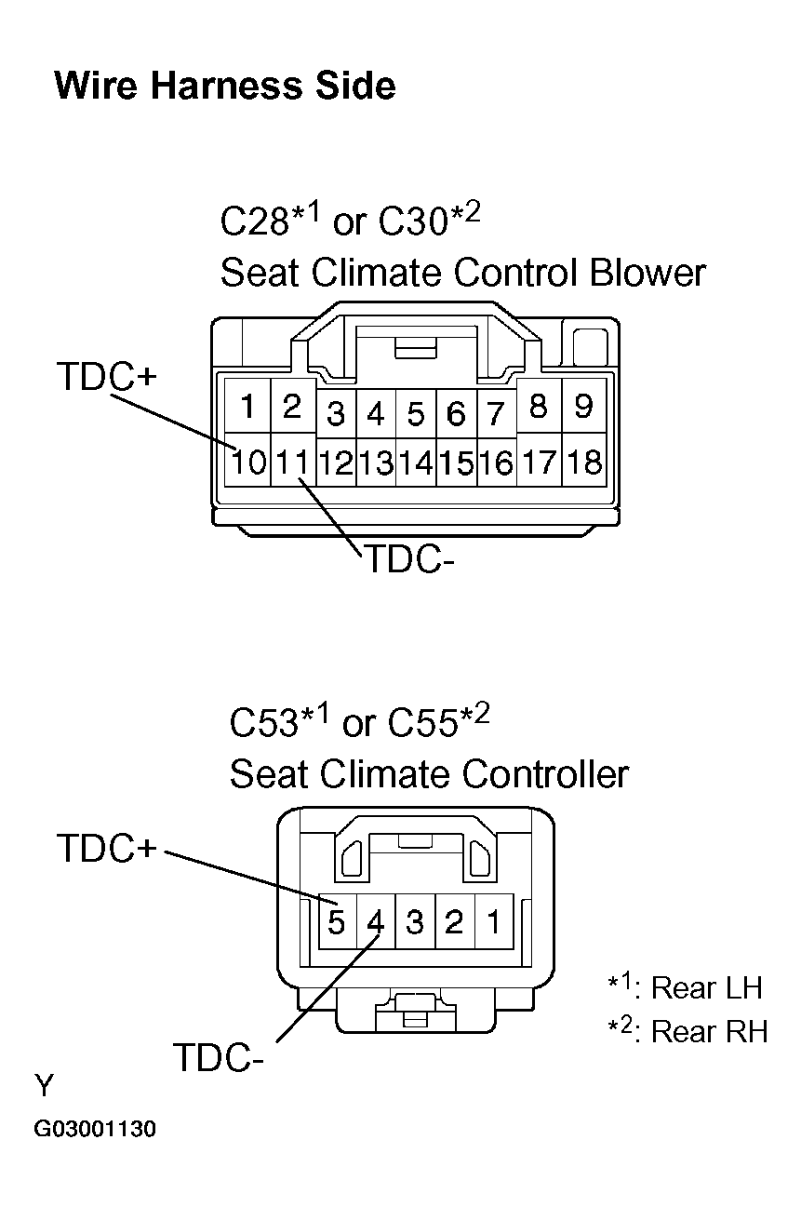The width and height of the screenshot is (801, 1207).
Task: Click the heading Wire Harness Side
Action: point(225,86)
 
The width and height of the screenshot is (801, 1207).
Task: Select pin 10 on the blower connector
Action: point(248,462)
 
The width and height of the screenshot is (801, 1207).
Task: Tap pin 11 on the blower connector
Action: point(292,462)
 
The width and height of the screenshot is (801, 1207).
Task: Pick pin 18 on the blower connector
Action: point(583,462)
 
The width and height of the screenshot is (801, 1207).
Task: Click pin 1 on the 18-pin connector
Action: point(248,407)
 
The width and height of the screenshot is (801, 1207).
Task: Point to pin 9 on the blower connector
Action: point(583,407)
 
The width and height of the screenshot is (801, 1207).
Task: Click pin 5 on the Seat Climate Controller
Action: point(337,922)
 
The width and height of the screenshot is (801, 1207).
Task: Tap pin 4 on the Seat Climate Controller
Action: point(376,922)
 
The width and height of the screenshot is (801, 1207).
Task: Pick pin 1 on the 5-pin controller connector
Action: point(494,922)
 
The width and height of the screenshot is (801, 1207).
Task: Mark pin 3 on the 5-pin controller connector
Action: point(415,922)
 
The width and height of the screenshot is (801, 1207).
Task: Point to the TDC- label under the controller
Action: point(219,1057)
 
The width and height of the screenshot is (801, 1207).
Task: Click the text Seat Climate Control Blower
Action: point(462,274)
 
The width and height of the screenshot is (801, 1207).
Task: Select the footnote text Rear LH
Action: point(707,987)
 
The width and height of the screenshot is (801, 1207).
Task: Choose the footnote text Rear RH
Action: point(709,1031)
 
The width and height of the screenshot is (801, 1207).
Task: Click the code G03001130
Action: point(95,1130)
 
